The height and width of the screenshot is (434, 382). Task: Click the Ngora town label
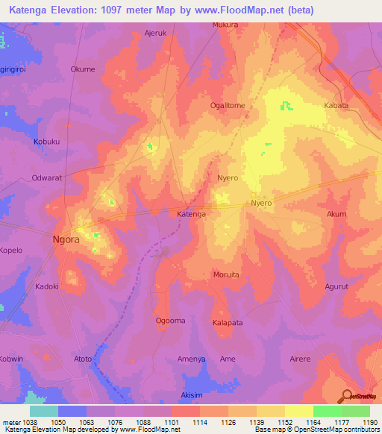tap(65, 241)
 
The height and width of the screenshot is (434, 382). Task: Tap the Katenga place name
tap(191, 214)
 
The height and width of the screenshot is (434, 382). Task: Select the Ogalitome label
tap(228, 106)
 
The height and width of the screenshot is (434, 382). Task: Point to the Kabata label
tap(336, 106)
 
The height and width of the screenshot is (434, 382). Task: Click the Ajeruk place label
tap(155, 34)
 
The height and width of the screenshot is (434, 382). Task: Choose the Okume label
tap(83, 69)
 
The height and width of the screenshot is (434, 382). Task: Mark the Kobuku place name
tap(47, 142)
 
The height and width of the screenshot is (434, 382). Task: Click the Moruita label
tap(226, 274)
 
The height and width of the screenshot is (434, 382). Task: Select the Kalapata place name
tap(228, 323)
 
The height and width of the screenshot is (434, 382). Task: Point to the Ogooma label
tap(169, 321)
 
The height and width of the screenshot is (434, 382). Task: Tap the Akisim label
tap(192, 395)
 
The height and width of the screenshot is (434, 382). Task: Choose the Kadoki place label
tap(47, 286)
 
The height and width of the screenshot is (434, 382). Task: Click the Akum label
tap(336, 214)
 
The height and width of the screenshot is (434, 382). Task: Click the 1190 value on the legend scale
tap(368, 421)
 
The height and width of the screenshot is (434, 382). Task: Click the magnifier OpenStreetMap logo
tap(347, 396)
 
